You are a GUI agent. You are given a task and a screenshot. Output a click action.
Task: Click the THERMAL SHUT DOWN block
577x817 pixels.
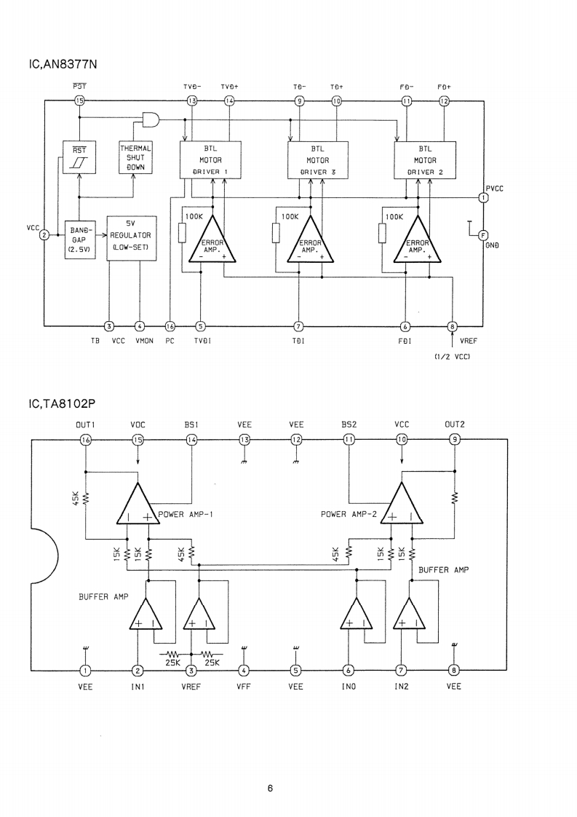(x=135, y=157)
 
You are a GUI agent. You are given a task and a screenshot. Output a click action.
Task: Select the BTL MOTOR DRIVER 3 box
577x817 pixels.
(x=317, y=160)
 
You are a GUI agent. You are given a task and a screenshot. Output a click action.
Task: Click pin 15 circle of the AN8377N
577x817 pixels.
(x=79, y=100)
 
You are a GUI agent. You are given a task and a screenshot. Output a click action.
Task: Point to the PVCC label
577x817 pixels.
(x=495, y=188)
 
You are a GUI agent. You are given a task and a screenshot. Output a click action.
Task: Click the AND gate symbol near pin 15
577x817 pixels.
(x=151, y=119)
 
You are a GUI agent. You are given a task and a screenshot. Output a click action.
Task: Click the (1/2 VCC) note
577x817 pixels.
(x=453, y=356)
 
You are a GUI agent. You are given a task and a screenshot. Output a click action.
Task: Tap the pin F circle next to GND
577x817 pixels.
(x=482, y=234)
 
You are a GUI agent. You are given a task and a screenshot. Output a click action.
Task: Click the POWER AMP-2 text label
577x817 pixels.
(x=349, y=513)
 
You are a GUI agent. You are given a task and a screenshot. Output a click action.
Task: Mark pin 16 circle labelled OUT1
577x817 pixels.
(x=86, y=439)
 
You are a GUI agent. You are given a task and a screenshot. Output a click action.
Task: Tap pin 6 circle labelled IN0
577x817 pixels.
(x=349, y=671)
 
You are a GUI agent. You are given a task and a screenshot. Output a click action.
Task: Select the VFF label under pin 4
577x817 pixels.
(x=243, y=686)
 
